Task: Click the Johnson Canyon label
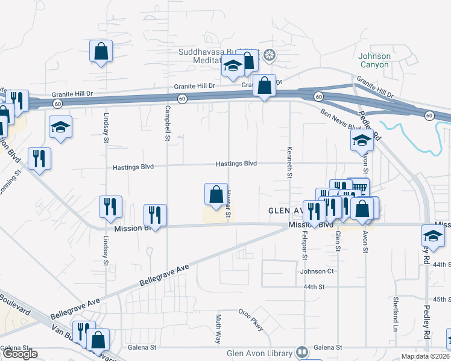[x=375, y=60]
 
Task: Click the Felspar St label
[x=304, y=246]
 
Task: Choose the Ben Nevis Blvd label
[x=341, y=119]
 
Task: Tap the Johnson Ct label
[x=317, y=271]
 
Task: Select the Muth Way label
[x=218, y=329]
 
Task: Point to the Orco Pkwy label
[x=251, y=319]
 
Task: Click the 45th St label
[x=441, y=299]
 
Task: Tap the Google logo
[x=19, y=354]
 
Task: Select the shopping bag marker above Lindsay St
[x=101, y=52]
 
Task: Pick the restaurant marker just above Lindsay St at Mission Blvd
[x=110, y=206]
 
